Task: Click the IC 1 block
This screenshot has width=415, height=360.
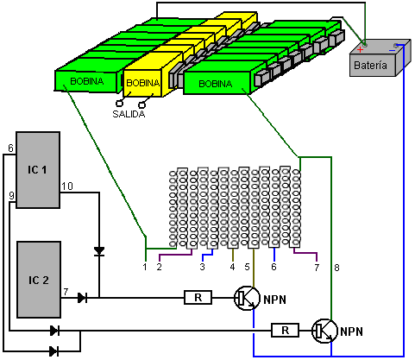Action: [38, 170]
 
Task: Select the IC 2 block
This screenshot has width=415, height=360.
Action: [39, 280]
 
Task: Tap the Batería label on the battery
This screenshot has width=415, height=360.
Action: [370, 66]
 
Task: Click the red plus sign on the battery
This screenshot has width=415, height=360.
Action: [360, 50]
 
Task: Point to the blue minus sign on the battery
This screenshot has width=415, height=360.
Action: [392, 51]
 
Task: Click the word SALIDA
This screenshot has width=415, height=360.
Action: [129, 114]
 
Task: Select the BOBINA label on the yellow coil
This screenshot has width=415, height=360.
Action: [142, 83]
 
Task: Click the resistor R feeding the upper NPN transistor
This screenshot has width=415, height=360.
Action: [198, 298]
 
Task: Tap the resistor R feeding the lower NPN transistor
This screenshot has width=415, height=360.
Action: [285, 330]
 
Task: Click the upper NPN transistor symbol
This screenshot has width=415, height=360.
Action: [247, 298]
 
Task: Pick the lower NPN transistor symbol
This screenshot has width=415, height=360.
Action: [324, 331]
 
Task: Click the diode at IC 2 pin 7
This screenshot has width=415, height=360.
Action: [82, 298]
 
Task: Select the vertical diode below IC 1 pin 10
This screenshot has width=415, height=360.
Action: [99, 251]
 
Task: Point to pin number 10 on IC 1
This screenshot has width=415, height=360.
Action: [67, 186]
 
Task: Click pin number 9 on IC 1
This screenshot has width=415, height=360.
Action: [11, 196]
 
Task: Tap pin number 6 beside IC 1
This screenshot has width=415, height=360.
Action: [10, 148]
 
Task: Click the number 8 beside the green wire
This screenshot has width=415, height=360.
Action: [336, 268]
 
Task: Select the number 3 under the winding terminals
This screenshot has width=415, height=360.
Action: [203, 267]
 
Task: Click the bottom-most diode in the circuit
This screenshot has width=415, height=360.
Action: [54, 351]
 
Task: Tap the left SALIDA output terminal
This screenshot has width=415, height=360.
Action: [119, 103]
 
